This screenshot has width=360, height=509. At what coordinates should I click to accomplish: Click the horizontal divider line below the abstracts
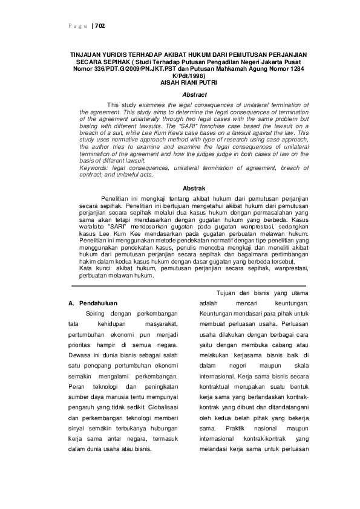click(x=188, y=285)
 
